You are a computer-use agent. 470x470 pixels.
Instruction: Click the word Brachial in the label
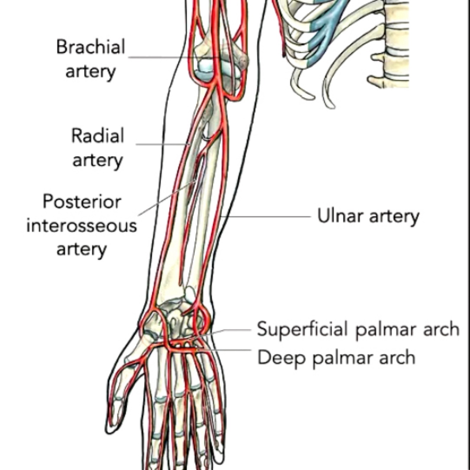tap(91, 47)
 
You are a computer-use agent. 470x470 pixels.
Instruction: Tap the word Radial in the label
tap(98, 136)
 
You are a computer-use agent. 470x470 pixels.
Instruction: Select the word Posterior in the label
tap(82, 202)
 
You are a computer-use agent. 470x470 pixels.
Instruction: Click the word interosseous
tap(81, 225)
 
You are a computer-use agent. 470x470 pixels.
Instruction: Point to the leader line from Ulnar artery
tap(268, 216)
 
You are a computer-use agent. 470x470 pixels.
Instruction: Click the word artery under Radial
tap(97, 160)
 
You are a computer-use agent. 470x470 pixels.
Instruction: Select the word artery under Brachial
tap(91, 72)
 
